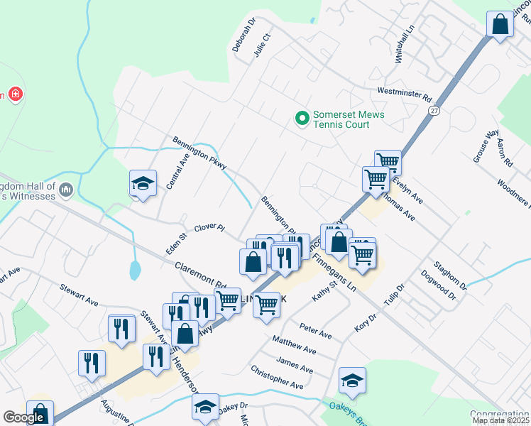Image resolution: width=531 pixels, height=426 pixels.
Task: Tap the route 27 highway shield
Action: coord(434,111)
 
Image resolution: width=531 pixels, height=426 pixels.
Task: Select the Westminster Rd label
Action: coord(405,92)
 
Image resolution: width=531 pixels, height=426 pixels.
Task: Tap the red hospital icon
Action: coord(15,94)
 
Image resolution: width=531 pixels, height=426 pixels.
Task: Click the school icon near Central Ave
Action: coord(143,183)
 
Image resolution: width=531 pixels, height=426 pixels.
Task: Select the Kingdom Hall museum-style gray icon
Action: coord(67,189)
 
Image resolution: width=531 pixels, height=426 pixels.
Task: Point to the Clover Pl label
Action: coord(209,227)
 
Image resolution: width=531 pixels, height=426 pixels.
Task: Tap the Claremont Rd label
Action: coord(199,271)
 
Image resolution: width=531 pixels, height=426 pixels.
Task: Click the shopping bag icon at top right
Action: coord(500,24)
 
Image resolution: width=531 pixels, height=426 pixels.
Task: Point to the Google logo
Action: coord(23,417)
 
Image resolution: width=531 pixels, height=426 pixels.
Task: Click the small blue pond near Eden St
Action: coord(135,270)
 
